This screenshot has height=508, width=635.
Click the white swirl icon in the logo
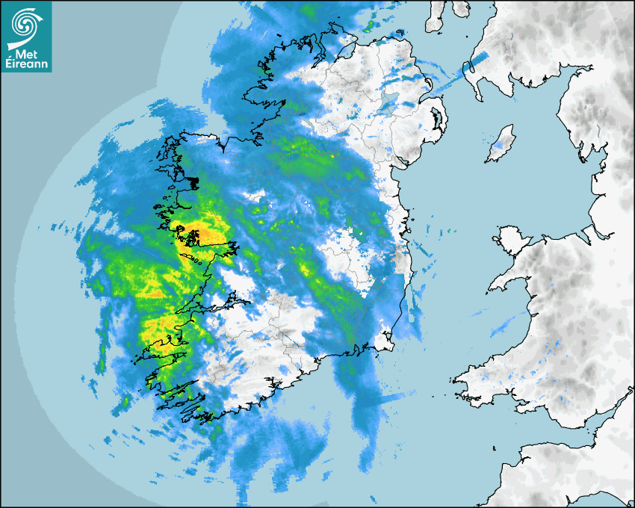25,24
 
